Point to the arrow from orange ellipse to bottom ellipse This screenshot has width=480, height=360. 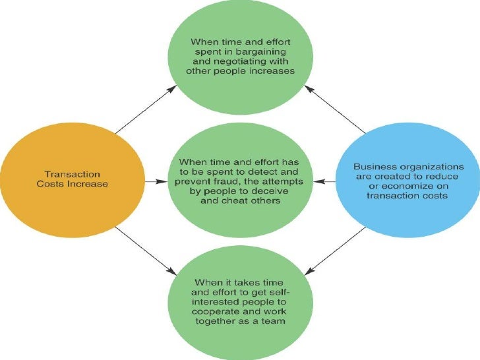tap(146, 250)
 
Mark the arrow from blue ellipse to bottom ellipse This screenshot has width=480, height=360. tap(336, 249)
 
